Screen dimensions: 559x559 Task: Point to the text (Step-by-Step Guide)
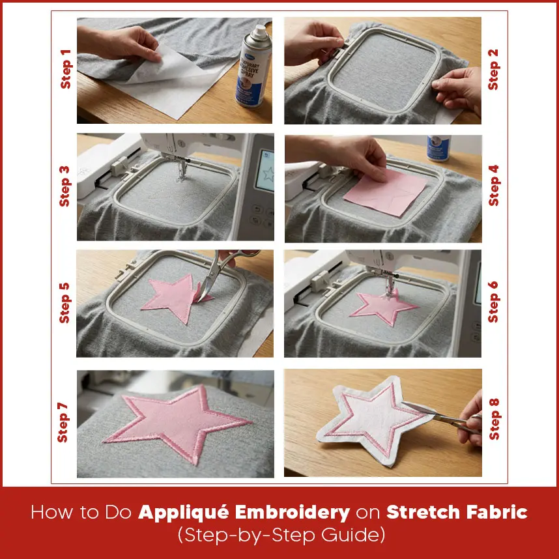[279, 537]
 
